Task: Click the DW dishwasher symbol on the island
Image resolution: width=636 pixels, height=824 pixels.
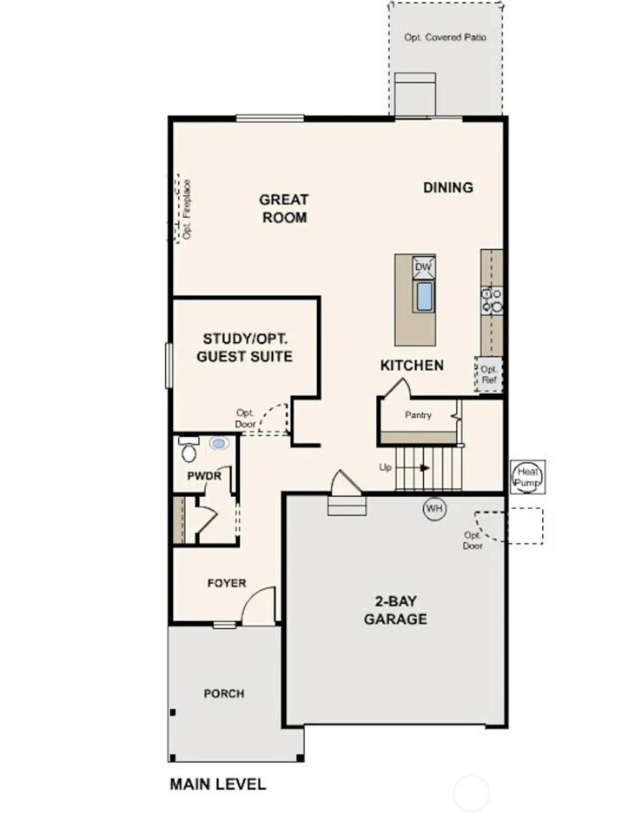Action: pos(423,267)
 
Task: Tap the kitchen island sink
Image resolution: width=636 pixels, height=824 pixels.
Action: pos(424,296)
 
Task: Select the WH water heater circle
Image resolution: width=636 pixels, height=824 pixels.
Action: pos(435,509)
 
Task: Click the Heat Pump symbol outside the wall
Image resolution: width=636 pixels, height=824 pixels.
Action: pos(528,477)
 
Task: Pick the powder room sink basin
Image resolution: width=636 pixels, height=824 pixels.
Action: pos(219,443)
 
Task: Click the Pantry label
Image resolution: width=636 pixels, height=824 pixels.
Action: pos(418,415)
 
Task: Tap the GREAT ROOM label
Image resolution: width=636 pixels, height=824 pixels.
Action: pos(284,209)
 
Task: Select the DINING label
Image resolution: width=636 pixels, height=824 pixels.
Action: pos(448,188)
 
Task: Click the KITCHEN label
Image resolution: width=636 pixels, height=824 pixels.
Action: pos(412,366)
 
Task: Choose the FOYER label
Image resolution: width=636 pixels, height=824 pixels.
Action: pos(227,583)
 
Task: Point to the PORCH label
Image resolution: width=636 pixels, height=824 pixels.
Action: pos(224,694)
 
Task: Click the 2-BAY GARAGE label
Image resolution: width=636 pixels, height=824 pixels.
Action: pos(396,610)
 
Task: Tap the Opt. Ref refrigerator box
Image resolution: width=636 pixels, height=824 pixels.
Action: pos(489,374)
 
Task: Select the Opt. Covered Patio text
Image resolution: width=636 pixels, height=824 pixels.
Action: pos(445,37)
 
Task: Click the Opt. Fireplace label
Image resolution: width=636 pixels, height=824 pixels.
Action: pos(186,209)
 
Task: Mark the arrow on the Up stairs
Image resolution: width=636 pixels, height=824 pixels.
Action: pos(423,468)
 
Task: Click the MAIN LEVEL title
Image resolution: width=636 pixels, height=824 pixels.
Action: pos(218,784)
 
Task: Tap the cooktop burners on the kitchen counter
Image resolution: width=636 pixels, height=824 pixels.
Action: pos(492,300)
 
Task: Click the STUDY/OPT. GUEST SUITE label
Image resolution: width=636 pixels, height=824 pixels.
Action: pos(245,348)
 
